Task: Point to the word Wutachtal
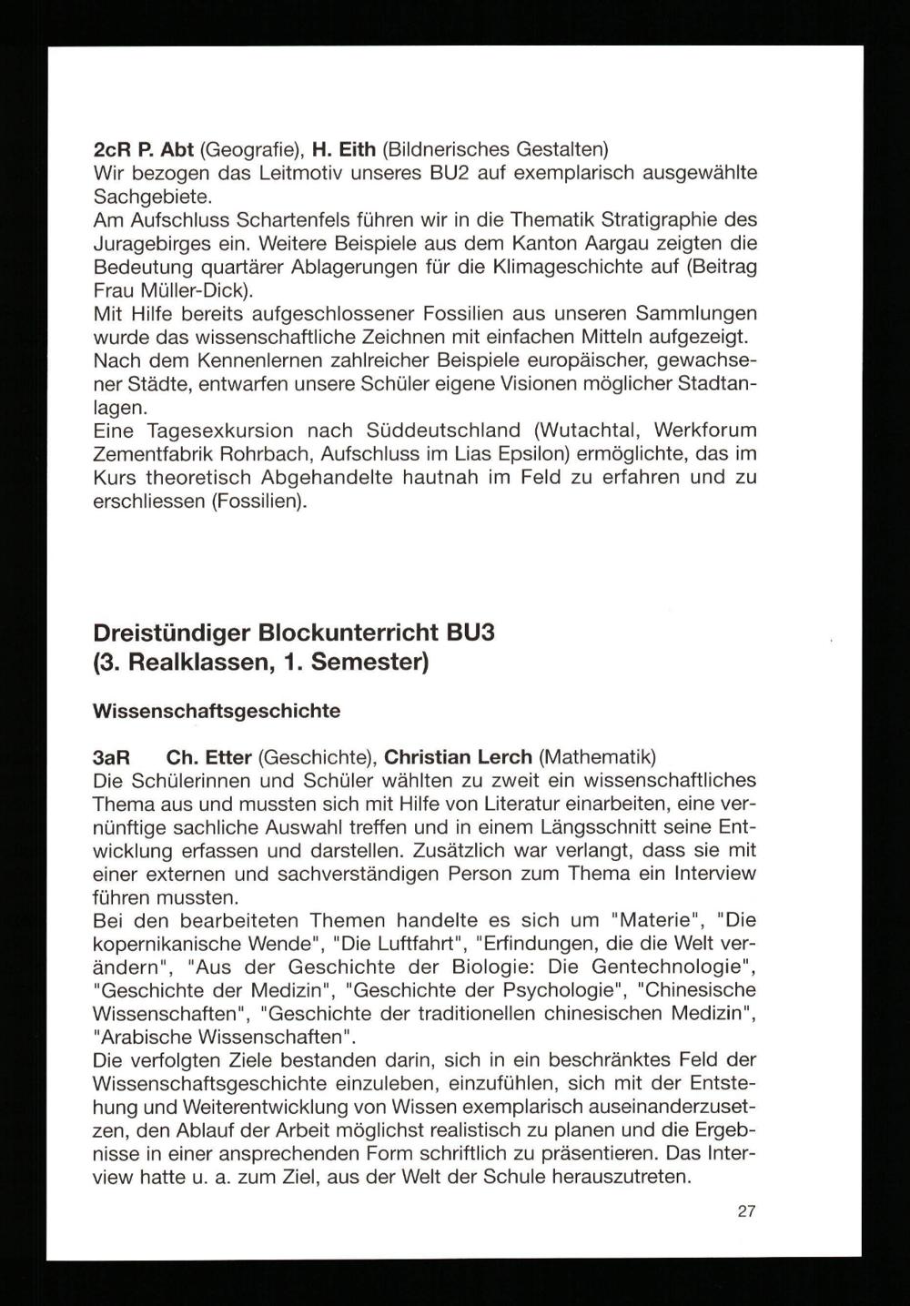pyautogui.click(x=592, y=430)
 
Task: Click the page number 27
pyautogui.click(x=746, y=1211)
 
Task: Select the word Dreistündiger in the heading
pyautogui.click(x=173, y=632)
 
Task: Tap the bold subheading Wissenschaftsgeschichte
pyautogui.click(x=217, y=711)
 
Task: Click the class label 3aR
pyautogui.click(x=114, y=757)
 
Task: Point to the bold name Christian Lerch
pyautogui.click(x=459, y=757)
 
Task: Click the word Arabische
pyautogui.click(x=138, y=1037)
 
